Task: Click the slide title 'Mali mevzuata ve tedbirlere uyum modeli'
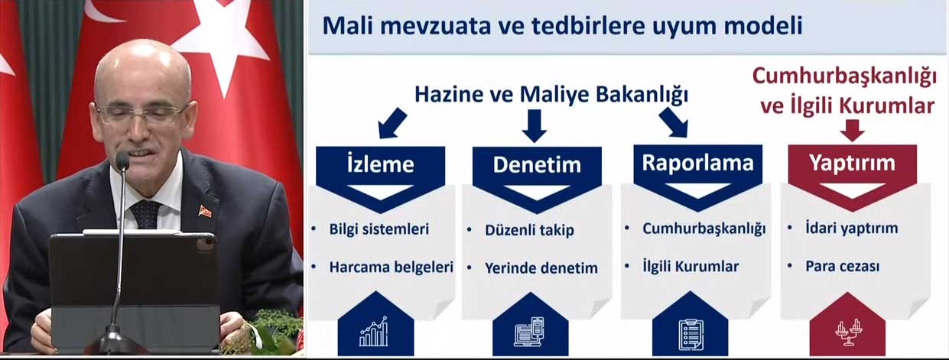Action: tap(562, 25)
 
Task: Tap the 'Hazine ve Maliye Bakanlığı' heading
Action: tap(551, 95)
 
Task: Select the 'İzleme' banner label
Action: tap(380, 164)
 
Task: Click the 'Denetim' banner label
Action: tap(537, 165)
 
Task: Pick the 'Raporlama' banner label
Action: tap(697, 163)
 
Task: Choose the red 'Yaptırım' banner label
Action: tap(852, 163)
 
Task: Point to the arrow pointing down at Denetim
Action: tap(535, 126)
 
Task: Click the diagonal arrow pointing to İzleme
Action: tap(392, 123)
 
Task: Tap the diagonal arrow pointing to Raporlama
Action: tap(673, 122)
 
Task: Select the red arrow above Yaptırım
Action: tap(853, 130)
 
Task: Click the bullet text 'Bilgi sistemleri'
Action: tap(379, 229)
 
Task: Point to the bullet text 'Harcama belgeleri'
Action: tap(391, 268)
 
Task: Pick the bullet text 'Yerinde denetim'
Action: tap(541, 268)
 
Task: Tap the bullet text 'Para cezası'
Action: tap(842, 267)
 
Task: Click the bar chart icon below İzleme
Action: tap(373, 331)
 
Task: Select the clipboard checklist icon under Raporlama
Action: tap(691, 335)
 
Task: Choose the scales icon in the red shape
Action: tap(849, 332)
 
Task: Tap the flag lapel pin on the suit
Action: tap(205, 211)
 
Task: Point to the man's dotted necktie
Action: tap(145, 214)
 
